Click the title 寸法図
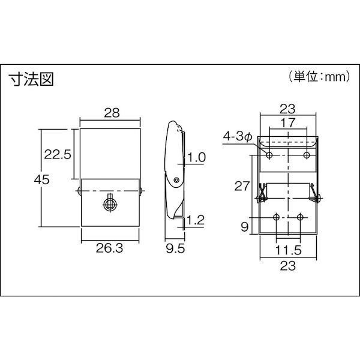[x=31, y=79]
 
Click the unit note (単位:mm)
[x=319, y=76]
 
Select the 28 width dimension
[x=112, y=113]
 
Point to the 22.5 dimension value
[x=58, y=154]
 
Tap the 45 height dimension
[x=41, y=179]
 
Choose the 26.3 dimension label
[x=110, y=248]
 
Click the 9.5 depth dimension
[x=175, y=248]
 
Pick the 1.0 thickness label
[x=197, y=157]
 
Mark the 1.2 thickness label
[x=196, y=220]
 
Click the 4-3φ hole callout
[x=238, y=137]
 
